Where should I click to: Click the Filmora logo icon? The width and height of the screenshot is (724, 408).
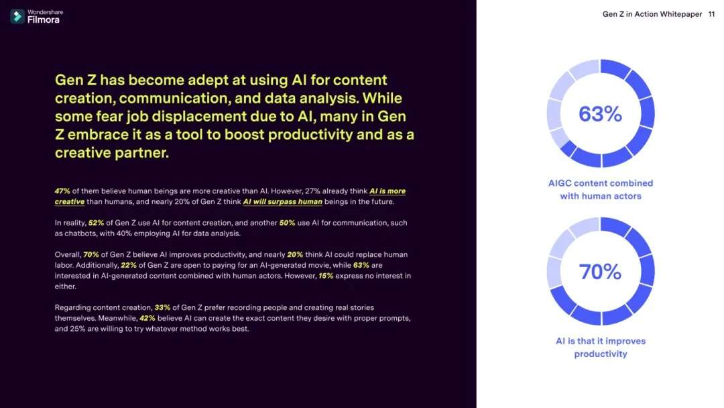click(x=17, y=16)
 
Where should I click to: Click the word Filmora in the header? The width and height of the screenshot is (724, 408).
click(x=44, y=20)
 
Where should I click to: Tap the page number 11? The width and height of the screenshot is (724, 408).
click(x=711, y=14)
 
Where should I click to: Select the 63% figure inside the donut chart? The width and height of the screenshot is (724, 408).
click(x=600, y=113)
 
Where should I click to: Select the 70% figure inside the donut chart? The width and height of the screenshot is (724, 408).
click(x=600, y=272)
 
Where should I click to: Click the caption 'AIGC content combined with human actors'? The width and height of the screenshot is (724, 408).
click(x=601, y=189)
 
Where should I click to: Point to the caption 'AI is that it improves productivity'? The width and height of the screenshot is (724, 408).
click(x=601, y=348)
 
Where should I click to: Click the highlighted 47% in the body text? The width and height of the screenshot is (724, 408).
click(x=62, y=191)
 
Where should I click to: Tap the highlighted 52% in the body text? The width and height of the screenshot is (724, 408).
click(x=96, y=223)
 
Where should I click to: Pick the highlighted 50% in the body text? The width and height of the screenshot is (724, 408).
click(x=287, y=223)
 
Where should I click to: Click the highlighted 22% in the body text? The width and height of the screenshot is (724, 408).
click(x=129, y=265)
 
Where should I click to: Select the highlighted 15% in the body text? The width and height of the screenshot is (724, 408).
click(x=326, y=276)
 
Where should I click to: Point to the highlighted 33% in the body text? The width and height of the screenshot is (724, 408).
click(x=162, y=308)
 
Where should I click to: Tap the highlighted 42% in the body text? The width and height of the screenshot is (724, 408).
click(x=147, y=318)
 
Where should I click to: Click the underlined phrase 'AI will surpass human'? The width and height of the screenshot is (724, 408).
click(x=283, y=201)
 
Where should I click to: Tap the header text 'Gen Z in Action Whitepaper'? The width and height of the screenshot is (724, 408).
click(x=652, y=14)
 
